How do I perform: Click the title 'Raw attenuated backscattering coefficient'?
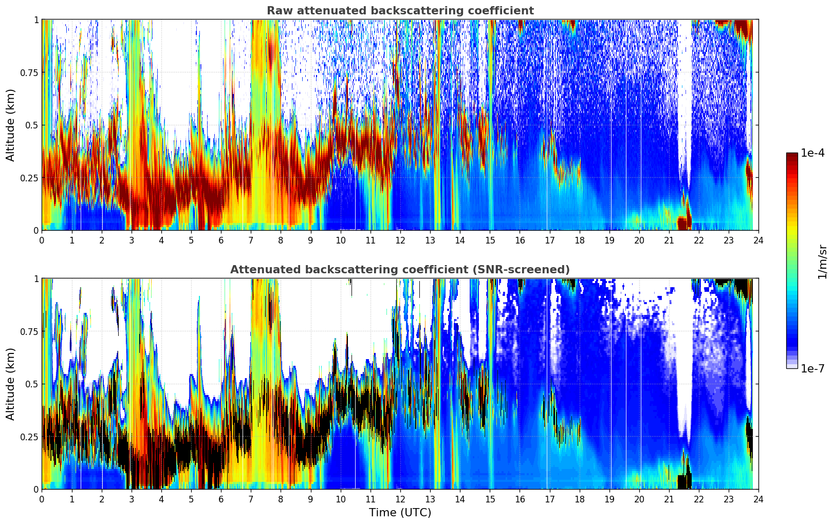click(400, 11)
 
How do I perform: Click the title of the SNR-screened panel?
click(400, 270)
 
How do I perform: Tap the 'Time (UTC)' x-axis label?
click(400, 513)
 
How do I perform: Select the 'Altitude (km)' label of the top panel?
click(11, 125)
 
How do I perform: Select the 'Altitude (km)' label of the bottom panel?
click(11, 384)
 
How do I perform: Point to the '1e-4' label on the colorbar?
click(812, 153)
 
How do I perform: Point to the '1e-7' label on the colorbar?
click(812, 368)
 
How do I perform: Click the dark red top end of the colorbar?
click(792, 156)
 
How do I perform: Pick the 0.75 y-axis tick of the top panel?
click(29, 72)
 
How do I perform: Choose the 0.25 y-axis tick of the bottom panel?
click(29, 437)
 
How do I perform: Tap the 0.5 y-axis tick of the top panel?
click(31, 125)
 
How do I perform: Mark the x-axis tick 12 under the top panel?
click(400, 240)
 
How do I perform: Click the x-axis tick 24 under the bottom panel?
click(758, 499)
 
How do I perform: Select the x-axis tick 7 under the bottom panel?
click(251, 499)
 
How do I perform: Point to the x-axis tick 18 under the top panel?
click(579, 240)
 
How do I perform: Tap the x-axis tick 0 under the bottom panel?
click(42, 499)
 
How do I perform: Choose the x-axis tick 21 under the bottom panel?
click(669, 499)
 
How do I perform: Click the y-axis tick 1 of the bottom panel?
click(36, 279)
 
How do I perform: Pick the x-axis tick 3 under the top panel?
click(132, 240)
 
